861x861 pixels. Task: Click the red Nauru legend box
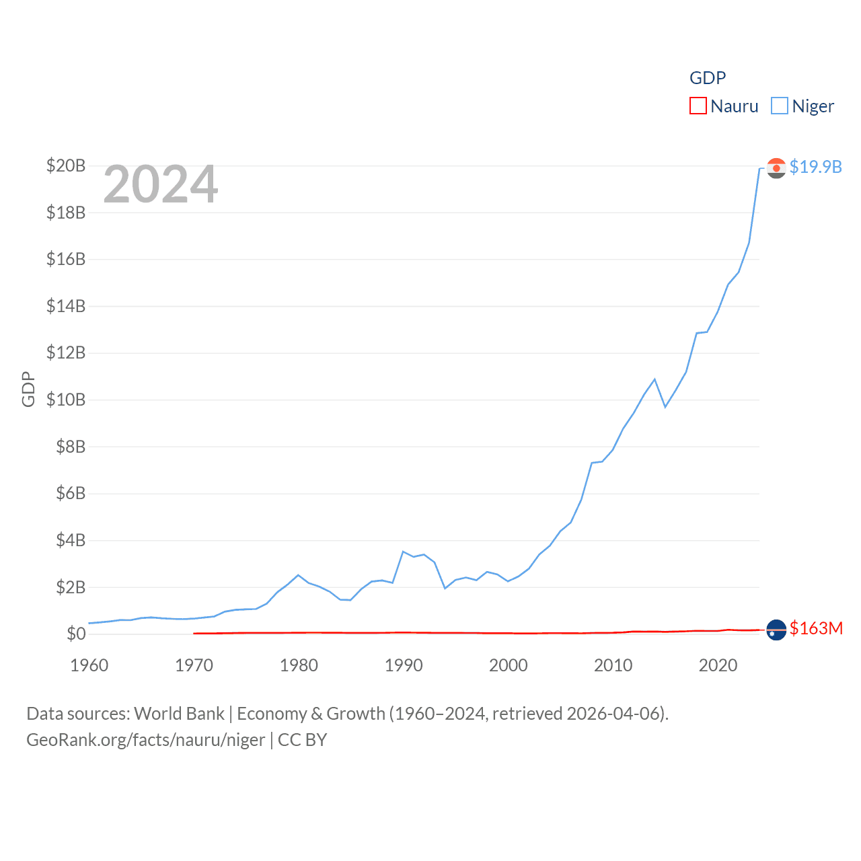coord(698,106)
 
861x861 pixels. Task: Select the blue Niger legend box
coord(780,106)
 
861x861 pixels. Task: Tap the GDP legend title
coord(708,78)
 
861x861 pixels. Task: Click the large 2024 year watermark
coord(161,184)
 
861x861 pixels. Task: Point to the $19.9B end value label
coord(815,167)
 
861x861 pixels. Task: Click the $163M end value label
coord(816,628)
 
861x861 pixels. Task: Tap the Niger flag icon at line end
coord(776,168)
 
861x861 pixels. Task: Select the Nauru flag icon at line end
coord(776,630)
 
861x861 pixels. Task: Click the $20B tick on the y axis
coord(66,165)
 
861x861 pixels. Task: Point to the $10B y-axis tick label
coord(66,400)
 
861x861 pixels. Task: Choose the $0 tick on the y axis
coord(76,634)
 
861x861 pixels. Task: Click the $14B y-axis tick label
coord(66,306)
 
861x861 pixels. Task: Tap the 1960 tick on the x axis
coord(89,665)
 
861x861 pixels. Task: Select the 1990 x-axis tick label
coord(404,665)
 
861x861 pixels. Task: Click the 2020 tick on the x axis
coord(718,665)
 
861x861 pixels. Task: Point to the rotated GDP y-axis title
coord(28,389)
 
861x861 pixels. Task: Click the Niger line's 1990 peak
coord(403,552)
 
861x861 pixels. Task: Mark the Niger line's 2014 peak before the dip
coord(654,379)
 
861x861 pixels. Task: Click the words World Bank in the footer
coord(179,713)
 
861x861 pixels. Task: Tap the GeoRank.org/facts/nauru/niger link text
coord(146,740)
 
